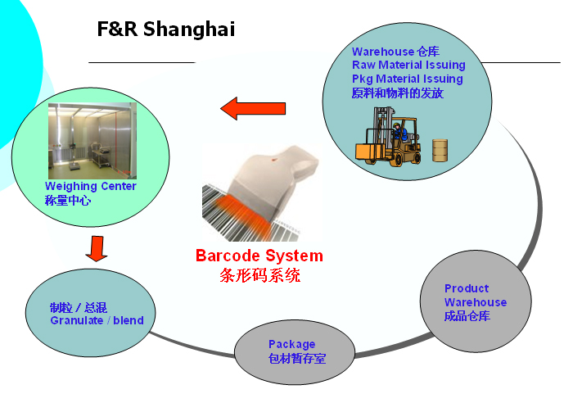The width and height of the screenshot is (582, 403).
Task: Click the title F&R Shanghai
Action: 166,29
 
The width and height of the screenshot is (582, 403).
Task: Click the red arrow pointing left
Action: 253,108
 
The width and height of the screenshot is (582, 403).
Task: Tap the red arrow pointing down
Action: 97,248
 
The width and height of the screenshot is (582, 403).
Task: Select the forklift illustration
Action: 388,136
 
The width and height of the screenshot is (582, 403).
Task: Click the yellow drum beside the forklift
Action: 440,151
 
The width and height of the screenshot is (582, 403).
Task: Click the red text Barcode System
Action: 259,256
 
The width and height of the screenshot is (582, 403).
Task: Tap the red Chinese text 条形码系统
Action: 259,275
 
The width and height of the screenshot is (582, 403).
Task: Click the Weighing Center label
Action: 91,186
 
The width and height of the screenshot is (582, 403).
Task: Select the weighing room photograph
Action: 92,141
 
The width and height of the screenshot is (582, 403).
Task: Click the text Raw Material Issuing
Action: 408,65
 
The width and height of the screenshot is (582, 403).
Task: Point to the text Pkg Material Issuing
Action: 407,79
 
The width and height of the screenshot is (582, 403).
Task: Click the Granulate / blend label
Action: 97,320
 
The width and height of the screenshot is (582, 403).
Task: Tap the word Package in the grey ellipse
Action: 291,345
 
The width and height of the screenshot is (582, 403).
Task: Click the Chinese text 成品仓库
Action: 467,316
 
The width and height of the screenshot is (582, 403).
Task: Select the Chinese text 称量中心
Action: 68,201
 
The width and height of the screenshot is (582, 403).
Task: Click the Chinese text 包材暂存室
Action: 297,359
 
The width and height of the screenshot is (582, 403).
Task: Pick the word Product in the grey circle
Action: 467,288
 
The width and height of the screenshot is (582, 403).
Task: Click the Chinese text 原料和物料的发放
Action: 397,93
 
